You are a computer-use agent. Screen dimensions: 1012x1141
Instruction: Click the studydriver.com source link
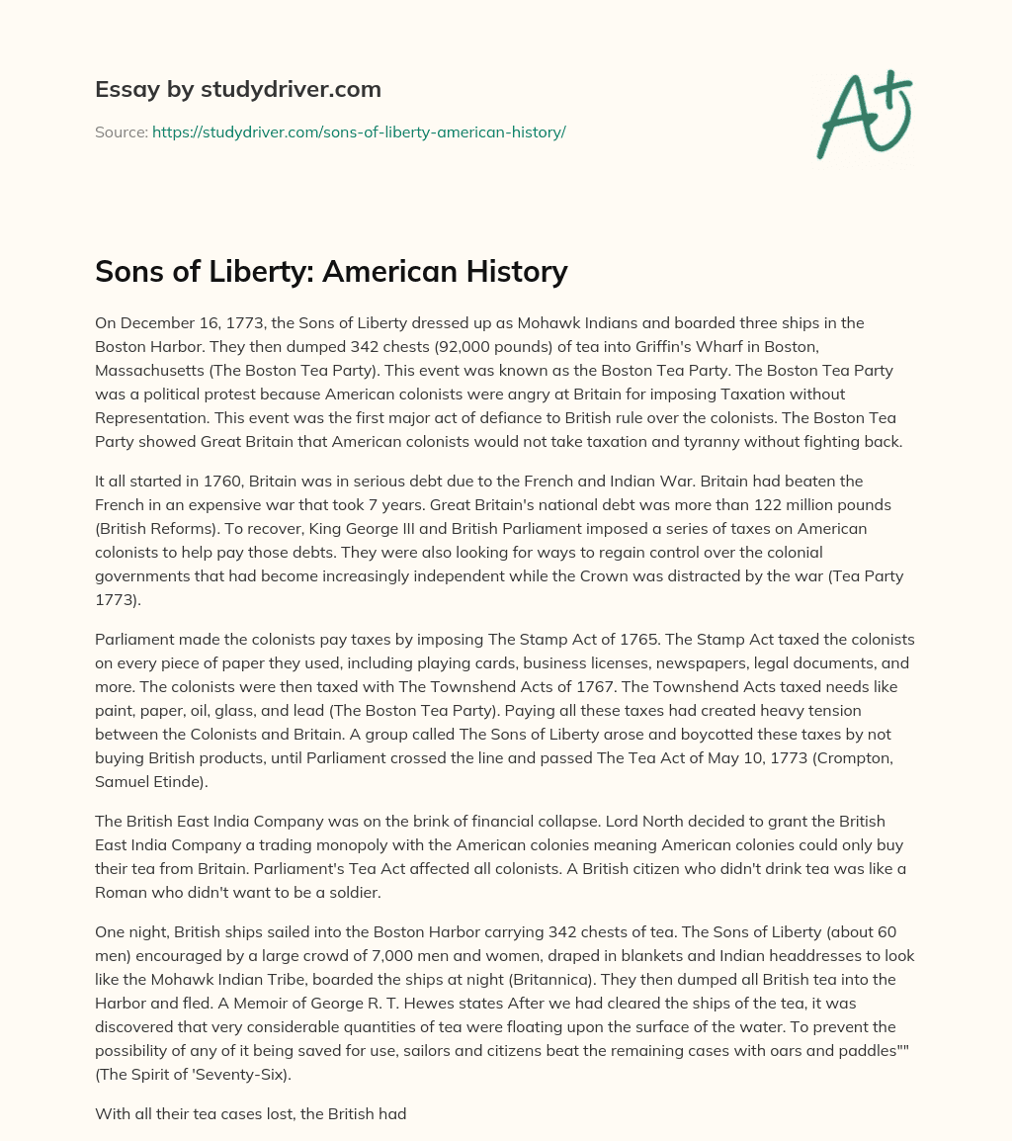(x=359, y=132)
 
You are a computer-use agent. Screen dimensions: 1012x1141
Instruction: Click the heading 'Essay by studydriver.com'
(x=237, y=89)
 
